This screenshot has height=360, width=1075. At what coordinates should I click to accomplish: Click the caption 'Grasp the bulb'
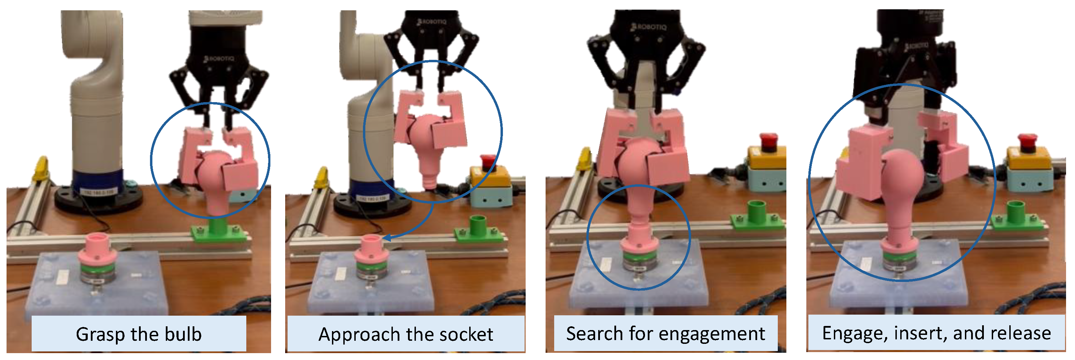point(139,334)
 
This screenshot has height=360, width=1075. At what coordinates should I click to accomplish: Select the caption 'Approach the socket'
point(406,334)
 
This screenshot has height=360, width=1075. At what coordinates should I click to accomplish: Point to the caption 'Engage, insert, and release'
point(936,333)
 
